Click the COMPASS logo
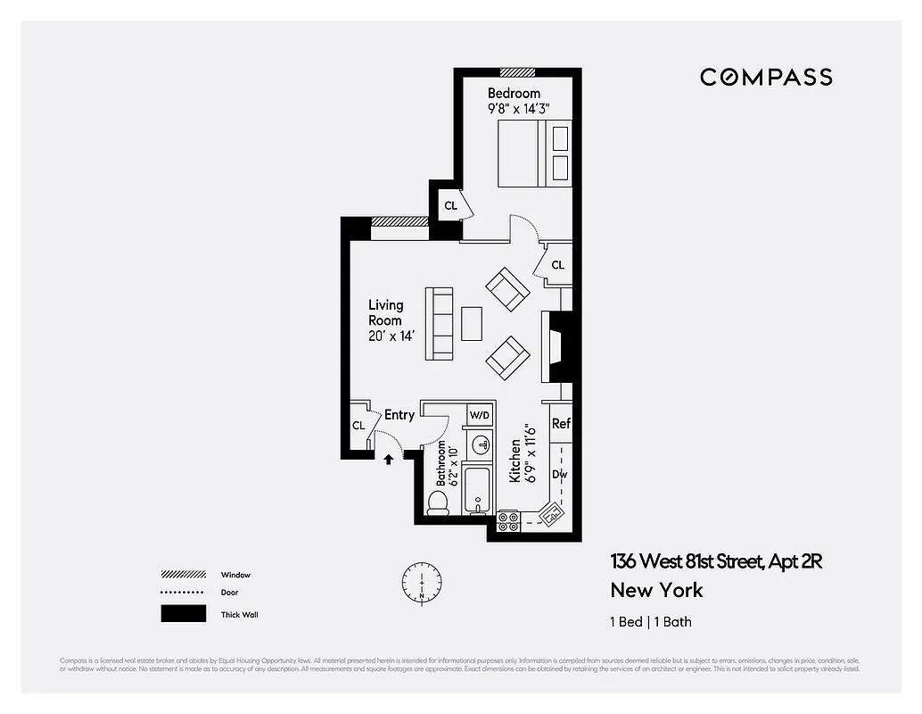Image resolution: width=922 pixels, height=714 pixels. tap(766, 78)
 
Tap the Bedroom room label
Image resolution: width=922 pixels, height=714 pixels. tap(514, 94)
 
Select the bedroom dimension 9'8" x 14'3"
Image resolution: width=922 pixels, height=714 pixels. tap(518, 109)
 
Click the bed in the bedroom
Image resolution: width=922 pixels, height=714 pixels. tap(532, 154)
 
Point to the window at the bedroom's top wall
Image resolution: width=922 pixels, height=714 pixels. tap(517, 72)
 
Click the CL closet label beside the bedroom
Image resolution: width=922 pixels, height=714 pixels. tap(450, 206)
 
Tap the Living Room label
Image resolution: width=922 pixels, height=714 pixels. tap(385, 312)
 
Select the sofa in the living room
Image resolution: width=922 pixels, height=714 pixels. tap(439, 322)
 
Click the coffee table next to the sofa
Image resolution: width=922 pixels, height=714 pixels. tap(472, 322)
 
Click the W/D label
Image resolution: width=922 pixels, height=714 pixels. tap(480, 416)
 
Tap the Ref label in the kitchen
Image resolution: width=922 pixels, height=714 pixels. tap(561, 424)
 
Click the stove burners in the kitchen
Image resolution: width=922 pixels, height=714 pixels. tap(508, 521)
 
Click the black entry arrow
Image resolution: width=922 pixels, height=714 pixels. tap(389, 460)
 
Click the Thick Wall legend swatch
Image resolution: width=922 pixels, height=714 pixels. tap(183, 614)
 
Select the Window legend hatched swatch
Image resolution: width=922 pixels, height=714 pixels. tap(183, 575)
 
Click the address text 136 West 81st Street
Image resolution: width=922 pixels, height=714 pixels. tap(715, 561)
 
